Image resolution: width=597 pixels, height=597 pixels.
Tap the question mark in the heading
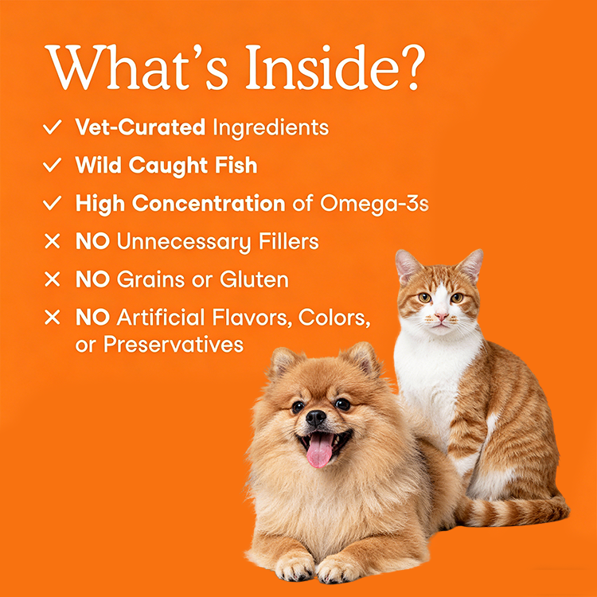pos(412,68)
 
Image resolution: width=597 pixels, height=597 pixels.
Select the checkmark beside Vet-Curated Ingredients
pos(53,127)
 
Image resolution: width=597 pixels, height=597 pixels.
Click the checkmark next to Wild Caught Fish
pos(53,165)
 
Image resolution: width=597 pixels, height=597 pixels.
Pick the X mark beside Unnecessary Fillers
pos(53,241)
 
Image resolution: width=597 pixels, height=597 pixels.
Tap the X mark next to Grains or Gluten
pos(53,279)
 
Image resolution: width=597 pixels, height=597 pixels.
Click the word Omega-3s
pos(374,204)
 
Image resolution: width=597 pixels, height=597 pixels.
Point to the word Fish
pos(236,165)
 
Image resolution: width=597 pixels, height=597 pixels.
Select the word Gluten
pos(255,279)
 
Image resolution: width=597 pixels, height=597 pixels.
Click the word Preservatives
pos(174,345)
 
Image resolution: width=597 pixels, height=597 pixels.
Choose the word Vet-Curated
pos(140,127)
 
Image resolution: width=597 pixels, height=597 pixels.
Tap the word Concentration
pos(209,203)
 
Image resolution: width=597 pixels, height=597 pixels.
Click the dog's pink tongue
pos(319,451)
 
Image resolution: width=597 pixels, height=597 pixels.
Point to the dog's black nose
pos(316,418)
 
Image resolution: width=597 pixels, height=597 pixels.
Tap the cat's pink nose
pos(442,316)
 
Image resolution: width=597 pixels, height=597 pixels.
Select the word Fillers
pos(289,241)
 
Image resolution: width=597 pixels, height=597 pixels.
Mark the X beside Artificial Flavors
pos(53,317)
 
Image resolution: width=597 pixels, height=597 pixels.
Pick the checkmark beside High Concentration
pos(53,203)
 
